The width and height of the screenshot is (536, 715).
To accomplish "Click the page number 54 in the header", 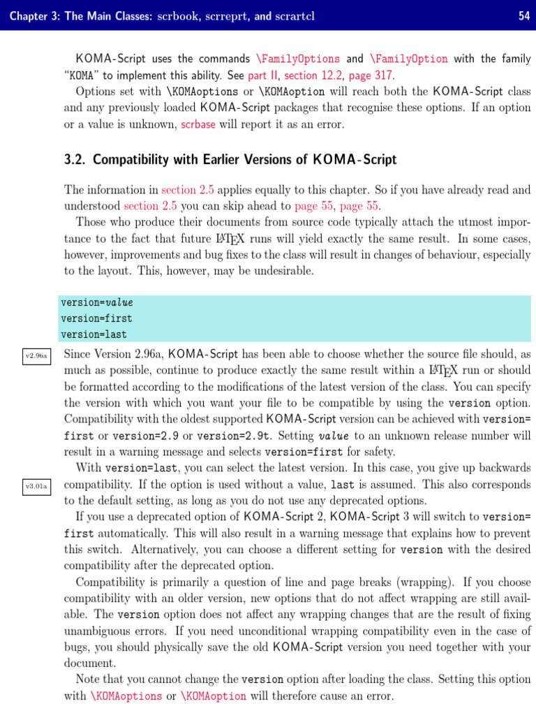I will coord(523,15).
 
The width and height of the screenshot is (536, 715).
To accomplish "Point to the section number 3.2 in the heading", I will coord(75,160).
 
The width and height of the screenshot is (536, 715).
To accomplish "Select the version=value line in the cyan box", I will coord(96,303).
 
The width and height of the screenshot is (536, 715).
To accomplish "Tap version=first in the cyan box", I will coord(96,319).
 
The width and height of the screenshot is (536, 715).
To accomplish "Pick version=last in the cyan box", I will coord(94,334).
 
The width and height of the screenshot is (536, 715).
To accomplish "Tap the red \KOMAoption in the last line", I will coord(214,696).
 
